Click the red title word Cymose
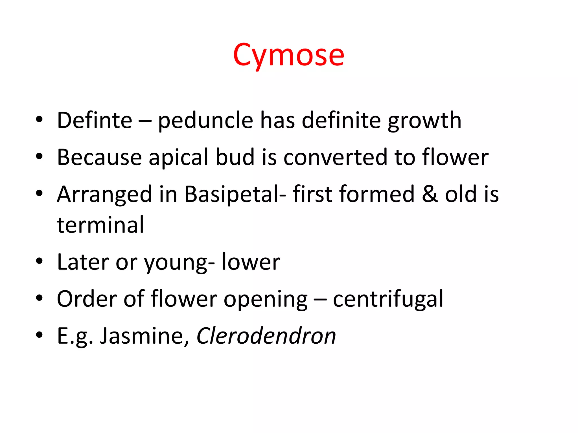tap(288, 55)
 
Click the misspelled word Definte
tap(95, 120)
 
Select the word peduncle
tap(205, 120)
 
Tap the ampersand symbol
tap(430, 195)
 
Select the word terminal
tap(100, 225)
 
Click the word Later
tap(83, 262)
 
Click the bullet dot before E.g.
tap(39, 335)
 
